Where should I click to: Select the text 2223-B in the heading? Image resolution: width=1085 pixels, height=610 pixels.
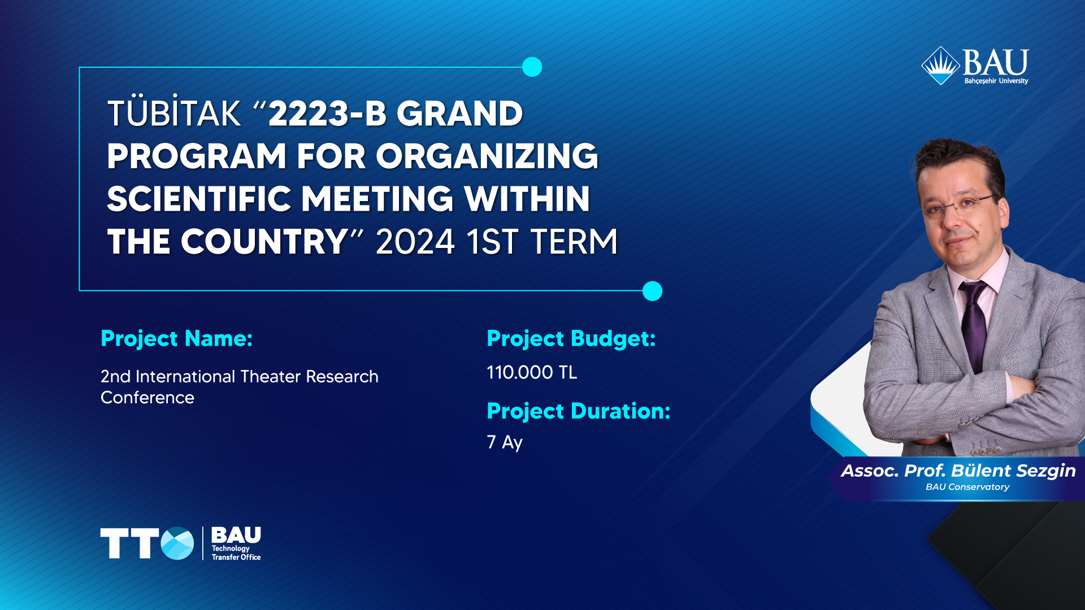[328, 114]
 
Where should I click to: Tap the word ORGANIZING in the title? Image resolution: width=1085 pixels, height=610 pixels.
[487, 156]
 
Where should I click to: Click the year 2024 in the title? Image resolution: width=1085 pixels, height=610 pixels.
[415, 242]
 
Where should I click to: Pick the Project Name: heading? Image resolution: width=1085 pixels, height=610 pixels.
[176, 339]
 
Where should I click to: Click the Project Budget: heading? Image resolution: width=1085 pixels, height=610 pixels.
[571, 339]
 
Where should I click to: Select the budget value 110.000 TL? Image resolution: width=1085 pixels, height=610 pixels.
[532, 372]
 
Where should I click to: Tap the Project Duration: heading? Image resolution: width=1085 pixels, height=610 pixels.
[579, 411]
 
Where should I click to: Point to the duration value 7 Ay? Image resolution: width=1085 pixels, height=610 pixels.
[505, 442]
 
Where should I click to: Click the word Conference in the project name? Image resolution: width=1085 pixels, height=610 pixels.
[147, 398]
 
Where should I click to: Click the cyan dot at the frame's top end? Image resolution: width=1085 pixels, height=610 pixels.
[532, 67]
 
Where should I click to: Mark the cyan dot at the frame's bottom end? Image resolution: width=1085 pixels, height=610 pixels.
[652, 291]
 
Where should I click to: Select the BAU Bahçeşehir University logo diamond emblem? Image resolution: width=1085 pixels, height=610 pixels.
[941, 66]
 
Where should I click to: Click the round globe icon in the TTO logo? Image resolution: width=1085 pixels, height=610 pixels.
[177, 543]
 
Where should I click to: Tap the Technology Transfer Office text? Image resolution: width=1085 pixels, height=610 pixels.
[236, 552]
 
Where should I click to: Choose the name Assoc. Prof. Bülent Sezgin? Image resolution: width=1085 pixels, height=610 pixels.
[958, 470]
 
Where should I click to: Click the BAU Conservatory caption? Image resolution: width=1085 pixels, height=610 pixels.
[967, 487]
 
